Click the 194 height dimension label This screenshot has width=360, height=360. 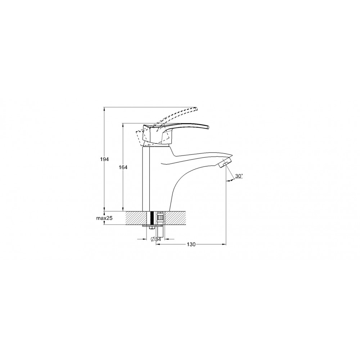pos(104,159)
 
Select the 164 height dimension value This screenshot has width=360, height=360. pos(123,167)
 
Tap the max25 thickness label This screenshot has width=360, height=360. pos(104,218)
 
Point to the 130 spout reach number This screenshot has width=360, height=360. pos(191,244)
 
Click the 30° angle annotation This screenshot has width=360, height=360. pos(239,176)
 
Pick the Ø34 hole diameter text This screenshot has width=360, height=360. pos(156,239)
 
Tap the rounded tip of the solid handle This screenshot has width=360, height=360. pos(208,127)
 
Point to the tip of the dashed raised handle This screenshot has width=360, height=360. pos(196,109)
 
